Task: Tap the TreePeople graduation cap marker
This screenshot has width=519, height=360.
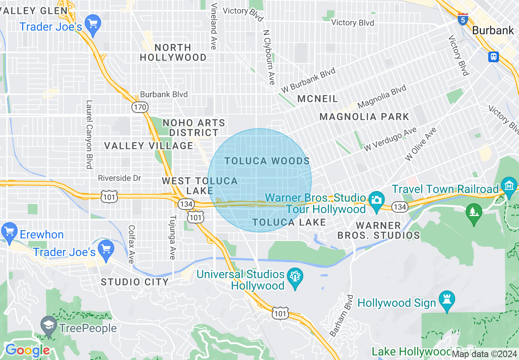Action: click(49, 326)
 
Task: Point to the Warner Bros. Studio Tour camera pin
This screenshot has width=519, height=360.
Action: click(376, 200)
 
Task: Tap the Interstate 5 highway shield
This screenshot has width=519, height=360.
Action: click(463, 19)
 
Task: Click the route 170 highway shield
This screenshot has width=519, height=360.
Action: click(140, 107)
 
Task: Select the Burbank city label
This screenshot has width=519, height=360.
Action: click(493, 30)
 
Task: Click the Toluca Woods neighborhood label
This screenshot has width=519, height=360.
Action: click(267, 161)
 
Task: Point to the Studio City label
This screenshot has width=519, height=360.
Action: click(135, 282)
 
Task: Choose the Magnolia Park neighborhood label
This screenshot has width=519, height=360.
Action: click(364, 117)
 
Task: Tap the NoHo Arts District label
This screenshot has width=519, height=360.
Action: click(194, 128)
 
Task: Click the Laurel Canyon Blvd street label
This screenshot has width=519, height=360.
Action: click(89, 134)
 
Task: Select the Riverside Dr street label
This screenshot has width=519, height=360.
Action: click(119, 178)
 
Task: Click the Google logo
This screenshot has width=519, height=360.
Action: click(27, 350)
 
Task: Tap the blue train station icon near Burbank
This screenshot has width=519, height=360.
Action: click(493, 56)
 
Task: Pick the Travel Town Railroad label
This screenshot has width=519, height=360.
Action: click(445, 189)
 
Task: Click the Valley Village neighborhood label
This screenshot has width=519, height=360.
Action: click(148, 146)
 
